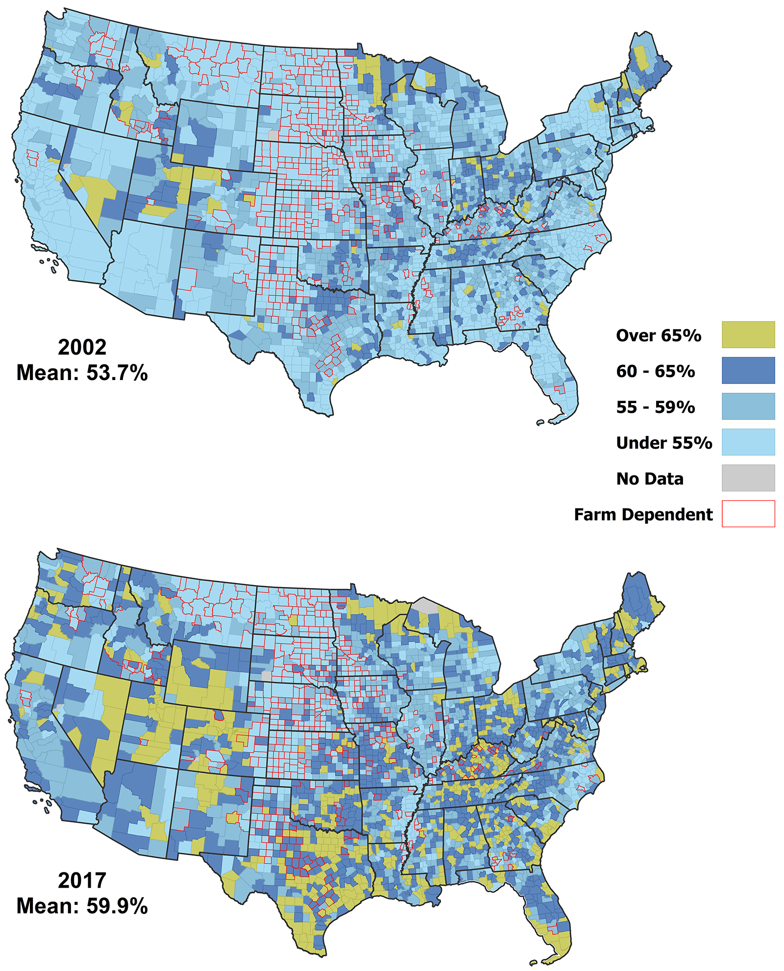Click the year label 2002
(x=82, y=347)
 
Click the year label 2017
(x=82, y=880)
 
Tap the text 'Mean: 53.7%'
(x=82, y=373)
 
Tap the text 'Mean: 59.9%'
(x=82, y=906)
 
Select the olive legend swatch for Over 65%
(x=748, y=334)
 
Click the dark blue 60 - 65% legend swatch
(x=748, y=370)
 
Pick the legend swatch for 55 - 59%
(x=748, y=406)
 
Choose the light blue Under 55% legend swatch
(x=748, y=442)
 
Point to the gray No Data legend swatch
(x=748, y=478)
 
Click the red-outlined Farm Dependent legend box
(x=748, y=513)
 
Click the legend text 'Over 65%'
(x=658, y=335)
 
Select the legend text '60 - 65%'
(x=655, y=371)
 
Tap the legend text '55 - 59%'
(x=655, y=407)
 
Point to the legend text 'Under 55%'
(x=664, y=443)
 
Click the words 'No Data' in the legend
(x=650, y=479)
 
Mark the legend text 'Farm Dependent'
(x=643, y=514)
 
